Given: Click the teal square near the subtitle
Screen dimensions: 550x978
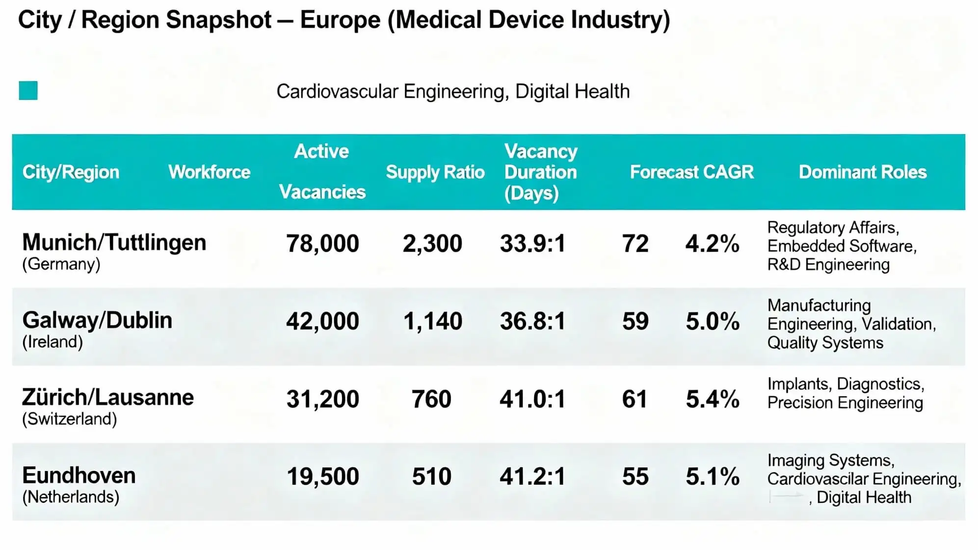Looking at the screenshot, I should (28, 91).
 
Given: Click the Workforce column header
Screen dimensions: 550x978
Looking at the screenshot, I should (209, 172).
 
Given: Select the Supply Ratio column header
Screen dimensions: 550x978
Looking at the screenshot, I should (435, 172).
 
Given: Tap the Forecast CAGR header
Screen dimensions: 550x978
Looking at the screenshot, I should (691, 172).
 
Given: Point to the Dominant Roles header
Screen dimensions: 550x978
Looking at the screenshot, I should (862, 172).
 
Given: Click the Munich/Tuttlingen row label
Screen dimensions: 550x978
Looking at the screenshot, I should (114, 243).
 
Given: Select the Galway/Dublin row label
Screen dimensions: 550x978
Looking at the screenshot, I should (97, 320).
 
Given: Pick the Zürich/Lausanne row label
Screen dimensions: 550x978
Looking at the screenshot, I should (108, 397).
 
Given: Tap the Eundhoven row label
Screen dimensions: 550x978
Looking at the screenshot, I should (79, 475).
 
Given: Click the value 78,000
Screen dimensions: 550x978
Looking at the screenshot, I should (322, 244).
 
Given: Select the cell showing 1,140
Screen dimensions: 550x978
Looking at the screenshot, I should (432, 321).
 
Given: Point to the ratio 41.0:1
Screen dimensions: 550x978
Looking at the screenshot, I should (532, 399).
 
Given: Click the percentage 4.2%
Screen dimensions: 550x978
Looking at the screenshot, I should (712, 244).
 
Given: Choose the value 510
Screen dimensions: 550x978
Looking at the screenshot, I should (431, 476).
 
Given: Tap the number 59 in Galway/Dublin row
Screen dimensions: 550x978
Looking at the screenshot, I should (635, 321).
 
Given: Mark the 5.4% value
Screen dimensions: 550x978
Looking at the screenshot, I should (712, 399).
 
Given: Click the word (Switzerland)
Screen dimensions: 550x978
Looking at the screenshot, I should (70, 419).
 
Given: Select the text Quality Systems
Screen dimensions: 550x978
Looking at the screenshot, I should (825, 343).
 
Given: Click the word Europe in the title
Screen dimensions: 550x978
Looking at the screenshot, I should (340, 20).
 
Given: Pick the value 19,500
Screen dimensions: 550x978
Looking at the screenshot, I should (322, 476).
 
